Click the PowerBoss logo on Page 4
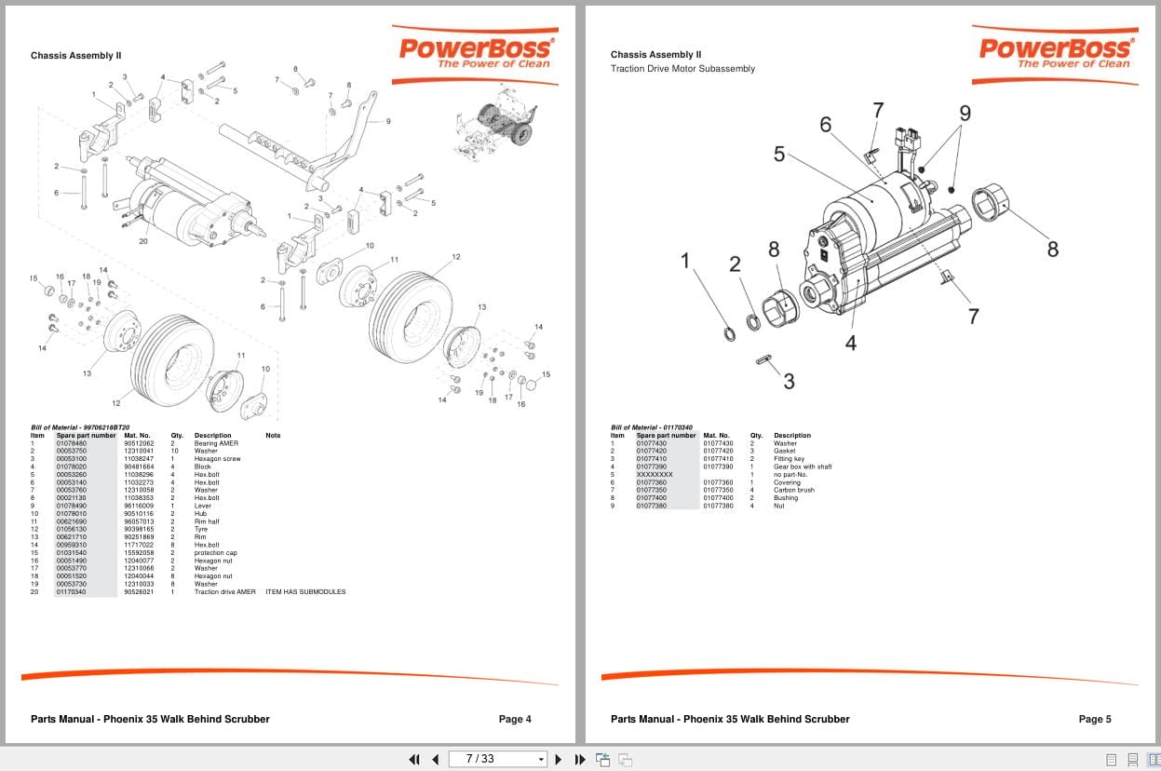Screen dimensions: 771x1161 pos(475,52)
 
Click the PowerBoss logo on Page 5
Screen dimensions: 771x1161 pos(1055,52)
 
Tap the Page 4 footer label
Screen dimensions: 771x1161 pos(515,719)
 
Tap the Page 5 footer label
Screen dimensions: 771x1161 pos(1095,719)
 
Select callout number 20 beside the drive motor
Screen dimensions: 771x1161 pos(143,241)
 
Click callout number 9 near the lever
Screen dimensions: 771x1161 pos(387,121)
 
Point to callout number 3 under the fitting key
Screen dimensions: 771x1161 pos(789,380)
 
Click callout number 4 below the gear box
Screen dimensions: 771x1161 pos(850,343)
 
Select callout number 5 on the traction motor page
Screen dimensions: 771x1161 pos(779,155)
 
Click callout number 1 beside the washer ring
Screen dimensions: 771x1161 pos(686,261)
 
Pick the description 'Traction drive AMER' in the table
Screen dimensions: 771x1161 pos(224,591)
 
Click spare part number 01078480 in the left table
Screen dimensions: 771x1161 pos(72,443)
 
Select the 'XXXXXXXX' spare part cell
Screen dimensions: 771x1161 pos(654,475)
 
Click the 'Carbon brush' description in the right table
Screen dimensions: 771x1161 pos(793,490)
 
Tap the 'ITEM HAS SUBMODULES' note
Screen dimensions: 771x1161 pos(305,591)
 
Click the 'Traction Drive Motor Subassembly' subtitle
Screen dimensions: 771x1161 pos(682,69)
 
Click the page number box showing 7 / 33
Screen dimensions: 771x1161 pos(496,759)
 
